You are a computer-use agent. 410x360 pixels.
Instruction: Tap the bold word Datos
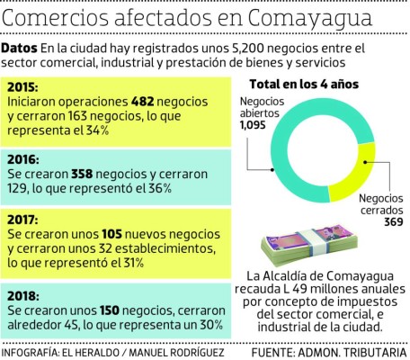click(x=20, y=48)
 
